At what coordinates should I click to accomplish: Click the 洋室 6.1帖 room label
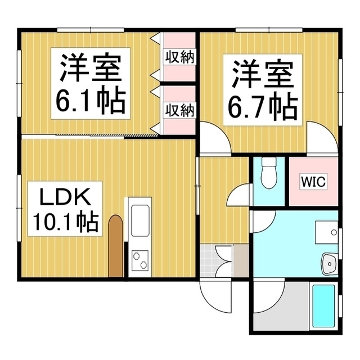(x=91, y=83)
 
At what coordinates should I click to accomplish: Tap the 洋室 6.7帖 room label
(x=263, y=90)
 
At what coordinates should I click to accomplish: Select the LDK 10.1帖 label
(x=65, y=209)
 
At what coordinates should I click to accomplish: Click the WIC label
(x=313, y=182)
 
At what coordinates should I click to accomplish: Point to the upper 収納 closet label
(x=180, y=57)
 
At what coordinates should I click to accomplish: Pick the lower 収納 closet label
(x=180, y=110)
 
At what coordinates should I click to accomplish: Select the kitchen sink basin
(x=140, y=220)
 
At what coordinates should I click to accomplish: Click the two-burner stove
(x=140, y=261)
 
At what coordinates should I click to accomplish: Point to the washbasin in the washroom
(x=330, y=263)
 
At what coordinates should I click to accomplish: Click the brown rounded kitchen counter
(x=116, y=246)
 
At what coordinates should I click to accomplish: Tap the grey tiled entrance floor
(x=208, y=261)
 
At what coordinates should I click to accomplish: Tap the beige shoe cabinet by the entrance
(x=241, y=261)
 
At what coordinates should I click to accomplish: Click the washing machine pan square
(x=326, y=232)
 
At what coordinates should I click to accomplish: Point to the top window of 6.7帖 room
(x=269, y=30)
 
